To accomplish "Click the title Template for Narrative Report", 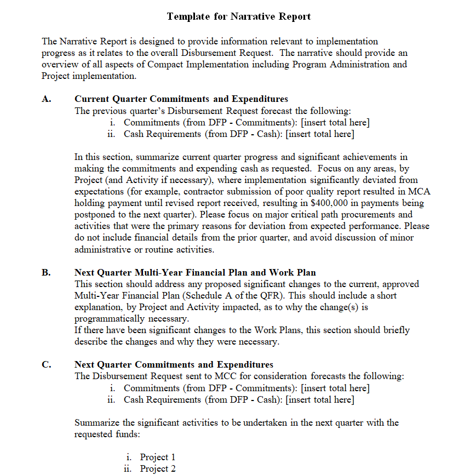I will (x=239, y=16).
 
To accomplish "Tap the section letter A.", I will (x=46, y=99).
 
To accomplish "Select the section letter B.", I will (x=46, y=272).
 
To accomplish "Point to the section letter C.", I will (x=46, y=365).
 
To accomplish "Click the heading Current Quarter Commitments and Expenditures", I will (x=181, y=99).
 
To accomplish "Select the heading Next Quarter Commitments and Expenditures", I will (x=174, y=365).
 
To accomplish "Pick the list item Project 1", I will (x=158, y=457).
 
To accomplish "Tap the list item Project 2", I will (x=158, y=468).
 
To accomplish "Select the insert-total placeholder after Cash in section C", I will (x=320, y=399).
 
